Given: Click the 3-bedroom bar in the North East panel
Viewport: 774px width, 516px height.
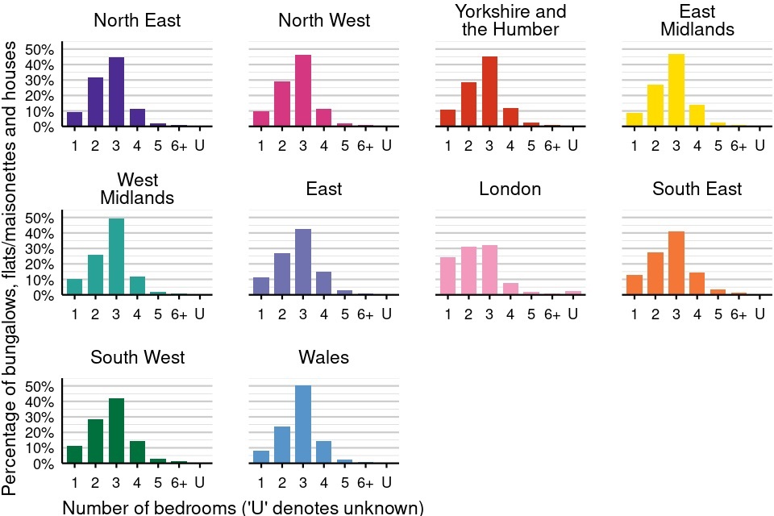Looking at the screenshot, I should click(x=116, y=92).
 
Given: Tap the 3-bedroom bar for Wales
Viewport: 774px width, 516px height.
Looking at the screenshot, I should click(x=303, y=424).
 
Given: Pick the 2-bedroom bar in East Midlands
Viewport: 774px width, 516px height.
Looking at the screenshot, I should click(x=655, y=106).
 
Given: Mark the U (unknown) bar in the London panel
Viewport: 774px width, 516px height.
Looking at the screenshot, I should click(x=574, y=293).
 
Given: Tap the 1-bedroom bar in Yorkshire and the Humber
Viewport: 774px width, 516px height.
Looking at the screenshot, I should click(x=448, y=118).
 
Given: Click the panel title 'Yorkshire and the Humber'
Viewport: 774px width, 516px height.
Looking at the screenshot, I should click(x=510, y=21).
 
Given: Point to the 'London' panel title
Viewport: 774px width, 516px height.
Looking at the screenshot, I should click(x=510, y=189).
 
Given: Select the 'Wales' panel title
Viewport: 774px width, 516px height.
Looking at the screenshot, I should click(x=323, y=357).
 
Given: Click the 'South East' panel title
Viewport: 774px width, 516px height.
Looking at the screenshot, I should click(x=697, y=189).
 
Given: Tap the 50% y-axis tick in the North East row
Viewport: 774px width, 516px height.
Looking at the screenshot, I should click(x=40, y=49).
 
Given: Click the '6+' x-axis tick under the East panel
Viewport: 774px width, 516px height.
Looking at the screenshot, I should click(x=366, y=314).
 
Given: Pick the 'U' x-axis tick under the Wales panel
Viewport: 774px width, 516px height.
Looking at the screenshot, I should click(x=386, y=483).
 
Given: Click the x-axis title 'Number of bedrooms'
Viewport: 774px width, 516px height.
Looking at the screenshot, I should click(x=243, y=508).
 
